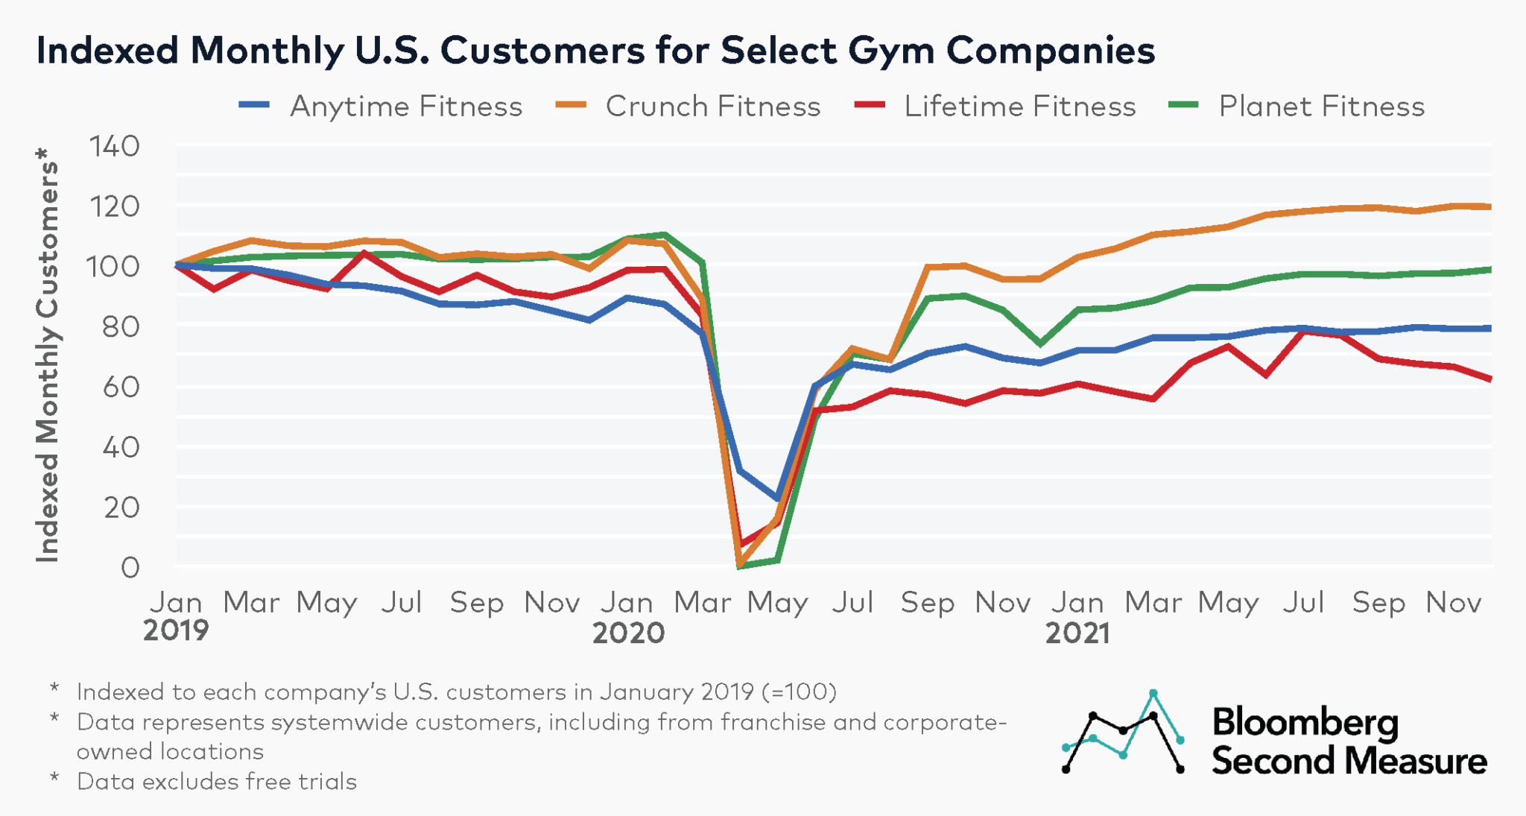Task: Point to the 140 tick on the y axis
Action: tap(114, 147)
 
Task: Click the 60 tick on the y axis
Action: tap(120, 388)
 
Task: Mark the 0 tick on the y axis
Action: tap(130, 568)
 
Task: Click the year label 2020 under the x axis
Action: tap(628, 633)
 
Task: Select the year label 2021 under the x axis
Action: tap(1077, 633)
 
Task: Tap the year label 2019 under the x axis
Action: tap(176, 631)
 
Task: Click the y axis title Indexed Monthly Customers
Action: tap(47, 354)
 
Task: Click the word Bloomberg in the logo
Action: tap(1305, 722)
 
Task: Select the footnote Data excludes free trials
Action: tap(216, 782)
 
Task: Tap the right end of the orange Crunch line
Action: tap(1489, 206)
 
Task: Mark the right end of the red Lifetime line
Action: tap(1489, 379)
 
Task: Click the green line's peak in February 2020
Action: tap(665, 235)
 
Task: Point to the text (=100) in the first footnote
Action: tap(799, 692)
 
